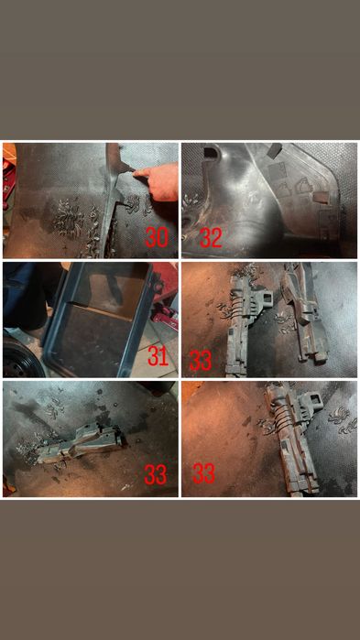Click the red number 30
click(157, 237)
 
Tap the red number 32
click(211, 237)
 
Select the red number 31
click(158, 356)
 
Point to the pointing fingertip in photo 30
click(136, 173)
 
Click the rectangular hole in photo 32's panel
click(210, 152)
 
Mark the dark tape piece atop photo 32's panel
click(274, 148)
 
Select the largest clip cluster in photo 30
click(71, 215)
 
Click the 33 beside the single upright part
click(203, 473)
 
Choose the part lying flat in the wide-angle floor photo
click(82, 445)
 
